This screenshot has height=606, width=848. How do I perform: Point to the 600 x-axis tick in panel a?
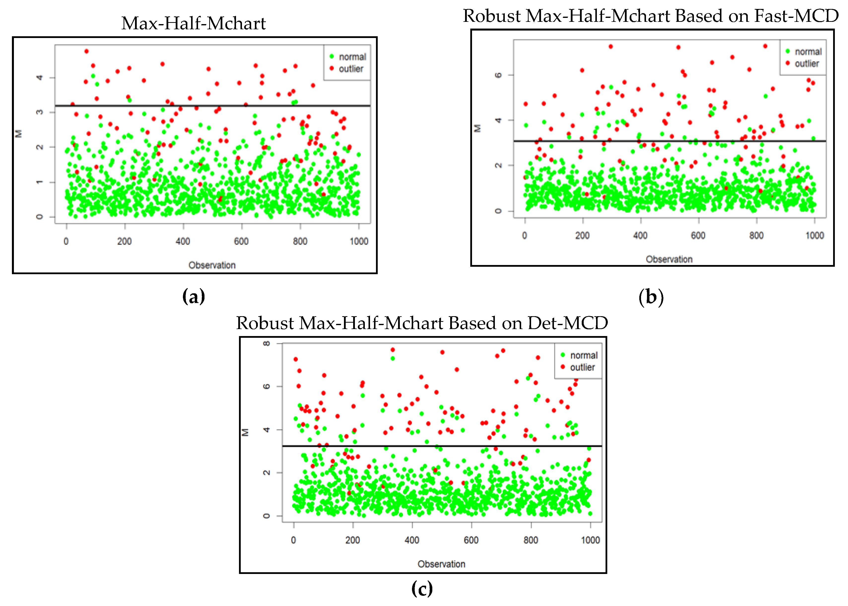pos(241,241)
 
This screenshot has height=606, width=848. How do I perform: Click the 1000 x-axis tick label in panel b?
pos(814,235)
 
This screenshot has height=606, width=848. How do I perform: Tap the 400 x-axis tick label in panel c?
pos(412,540)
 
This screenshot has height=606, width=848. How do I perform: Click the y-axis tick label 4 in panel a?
pos(39,77)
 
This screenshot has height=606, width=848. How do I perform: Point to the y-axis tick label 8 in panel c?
pos(267,343)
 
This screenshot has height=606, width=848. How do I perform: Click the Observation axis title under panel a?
pos(212,265)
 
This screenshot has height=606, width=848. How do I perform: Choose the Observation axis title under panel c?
pos(441,564)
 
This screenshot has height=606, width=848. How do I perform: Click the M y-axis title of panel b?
pos(477,128)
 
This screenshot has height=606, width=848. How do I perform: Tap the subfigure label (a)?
pos(194,297)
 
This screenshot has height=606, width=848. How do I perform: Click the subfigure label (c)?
pos(422,589)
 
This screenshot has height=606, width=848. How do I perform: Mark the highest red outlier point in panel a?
pos(87,51)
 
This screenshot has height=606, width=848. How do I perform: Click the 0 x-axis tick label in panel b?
pos(524,235)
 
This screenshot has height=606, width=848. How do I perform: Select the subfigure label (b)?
pos(651,297)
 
